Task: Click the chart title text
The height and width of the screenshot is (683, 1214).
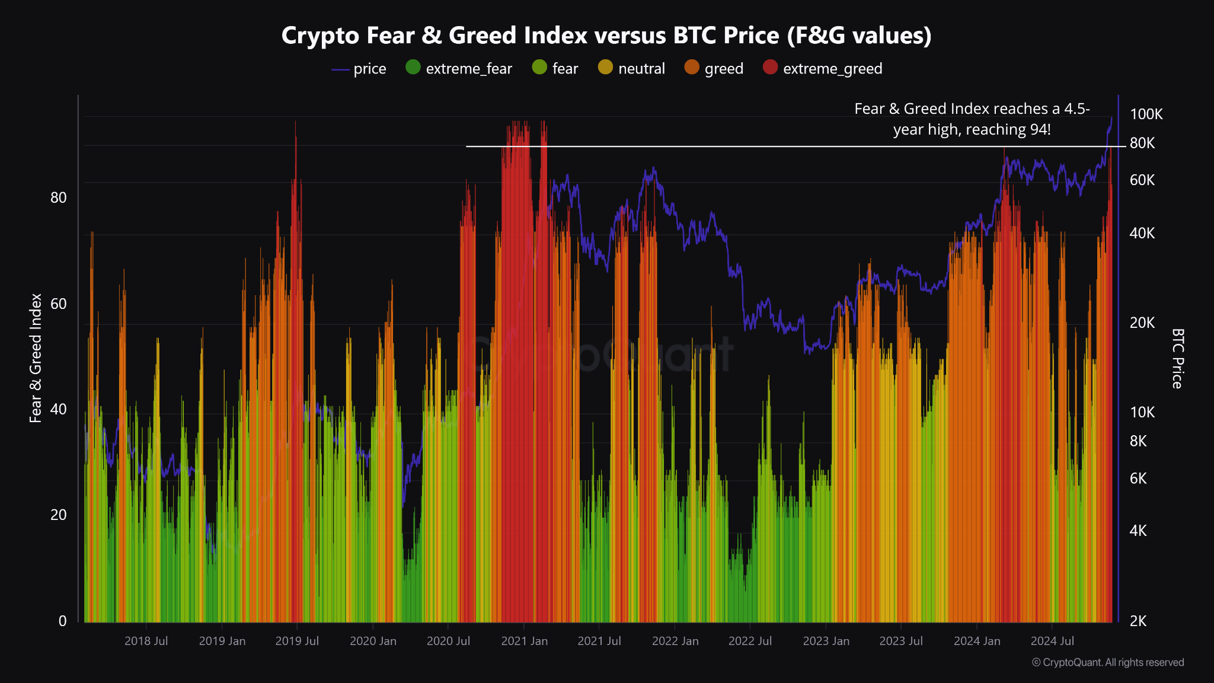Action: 606,36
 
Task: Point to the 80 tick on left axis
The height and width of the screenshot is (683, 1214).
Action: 59,197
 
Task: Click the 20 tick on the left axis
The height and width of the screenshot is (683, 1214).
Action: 59,515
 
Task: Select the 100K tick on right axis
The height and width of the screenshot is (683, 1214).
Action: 1146,114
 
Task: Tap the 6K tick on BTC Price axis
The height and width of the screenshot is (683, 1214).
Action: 1138,478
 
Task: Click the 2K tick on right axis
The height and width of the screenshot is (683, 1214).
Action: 1138,621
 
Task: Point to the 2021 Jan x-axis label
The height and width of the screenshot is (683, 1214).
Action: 524,641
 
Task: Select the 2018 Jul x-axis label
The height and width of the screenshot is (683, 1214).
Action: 146,641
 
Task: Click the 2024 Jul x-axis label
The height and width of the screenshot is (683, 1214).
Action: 1052,641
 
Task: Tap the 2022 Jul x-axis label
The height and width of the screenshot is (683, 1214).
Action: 750,641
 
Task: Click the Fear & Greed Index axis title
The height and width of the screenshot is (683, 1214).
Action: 36,358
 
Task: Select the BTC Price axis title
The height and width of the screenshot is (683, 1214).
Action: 1177,358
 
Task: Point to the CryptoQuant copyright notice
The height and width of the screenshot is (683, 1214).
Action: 1108,662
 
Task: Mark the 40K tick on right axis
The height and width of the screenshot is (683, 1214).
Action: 1142,233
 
